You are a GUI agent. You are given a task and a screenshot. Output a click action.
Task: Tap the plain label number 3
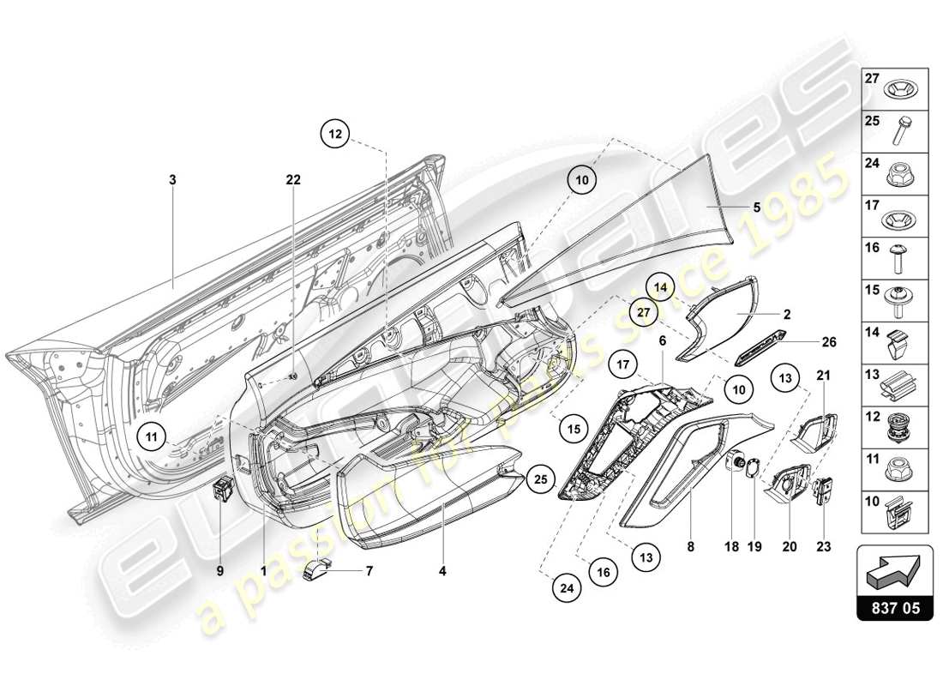[x=172, y=180]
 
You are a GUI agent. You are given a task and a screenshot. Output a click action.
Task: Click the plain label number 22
[x=294, y=180]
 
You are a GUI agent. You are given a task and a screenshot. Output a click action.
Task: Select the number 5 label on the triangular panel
[x=756, y=207]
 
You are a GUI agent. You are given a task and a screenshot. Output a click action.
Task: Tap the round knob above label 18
[x=734, y=463]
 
